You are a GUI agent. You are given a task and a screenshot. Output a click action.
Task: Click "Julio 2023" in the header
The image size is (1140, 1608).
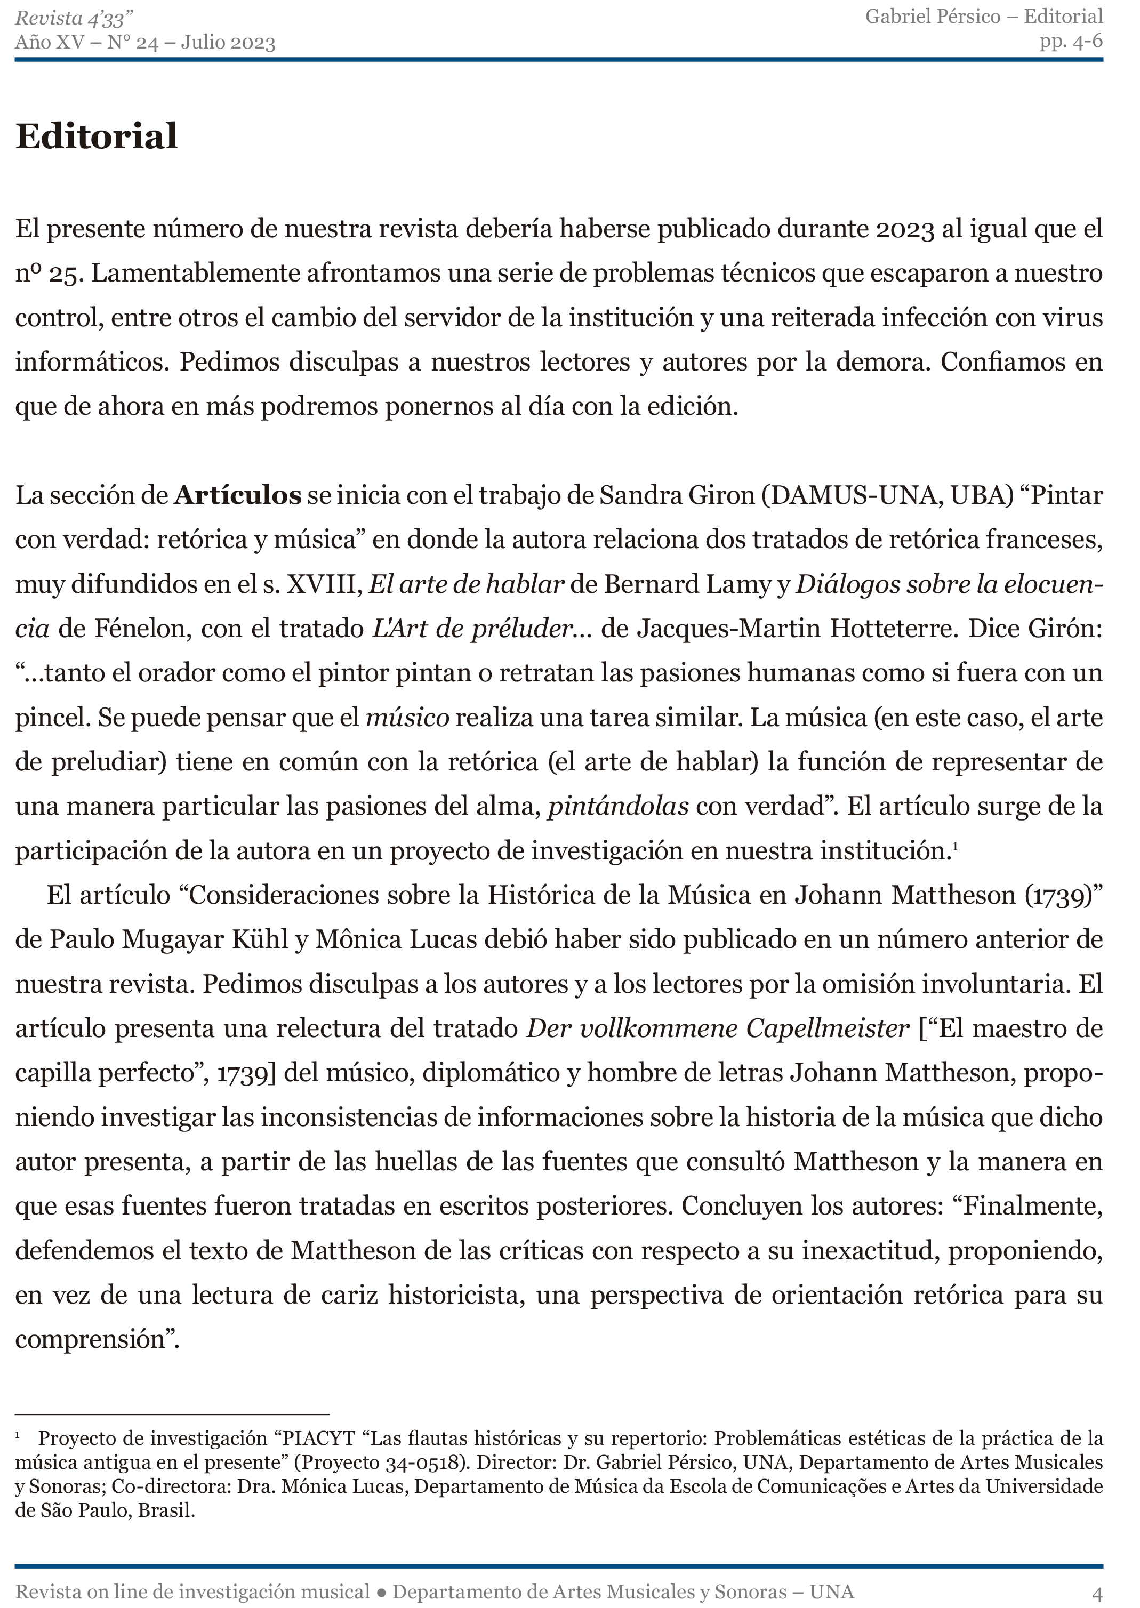pyautogui.click(x=228, y=43)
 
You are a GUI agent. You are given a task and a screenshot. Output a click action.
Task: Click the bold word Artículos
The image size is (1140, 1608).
pyautogui.click(x=238, y=495)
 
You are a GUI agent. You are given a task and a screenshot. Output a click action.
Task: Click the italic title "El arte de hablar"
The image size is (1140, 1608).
pyautogui.click(x=466, y=584)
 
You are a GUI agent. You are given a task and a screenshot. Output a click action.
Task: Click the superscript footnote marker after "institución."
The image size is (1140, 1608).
pyautogui.click(x=954, y=846)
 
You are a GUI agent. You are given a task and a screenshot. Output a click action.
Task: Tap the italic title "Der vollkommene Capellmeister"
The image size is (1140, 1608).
pyautogui.click(x=717, y=1028)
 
